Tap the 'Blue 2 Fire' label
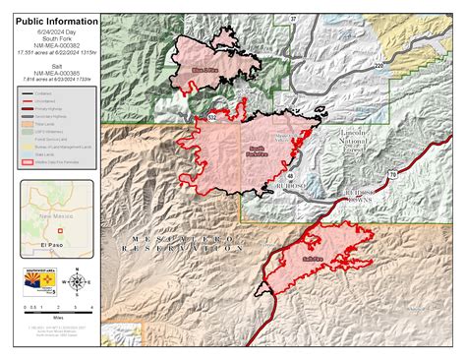[x=204, y=72]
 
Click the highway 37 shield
[x=293, y=19]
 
